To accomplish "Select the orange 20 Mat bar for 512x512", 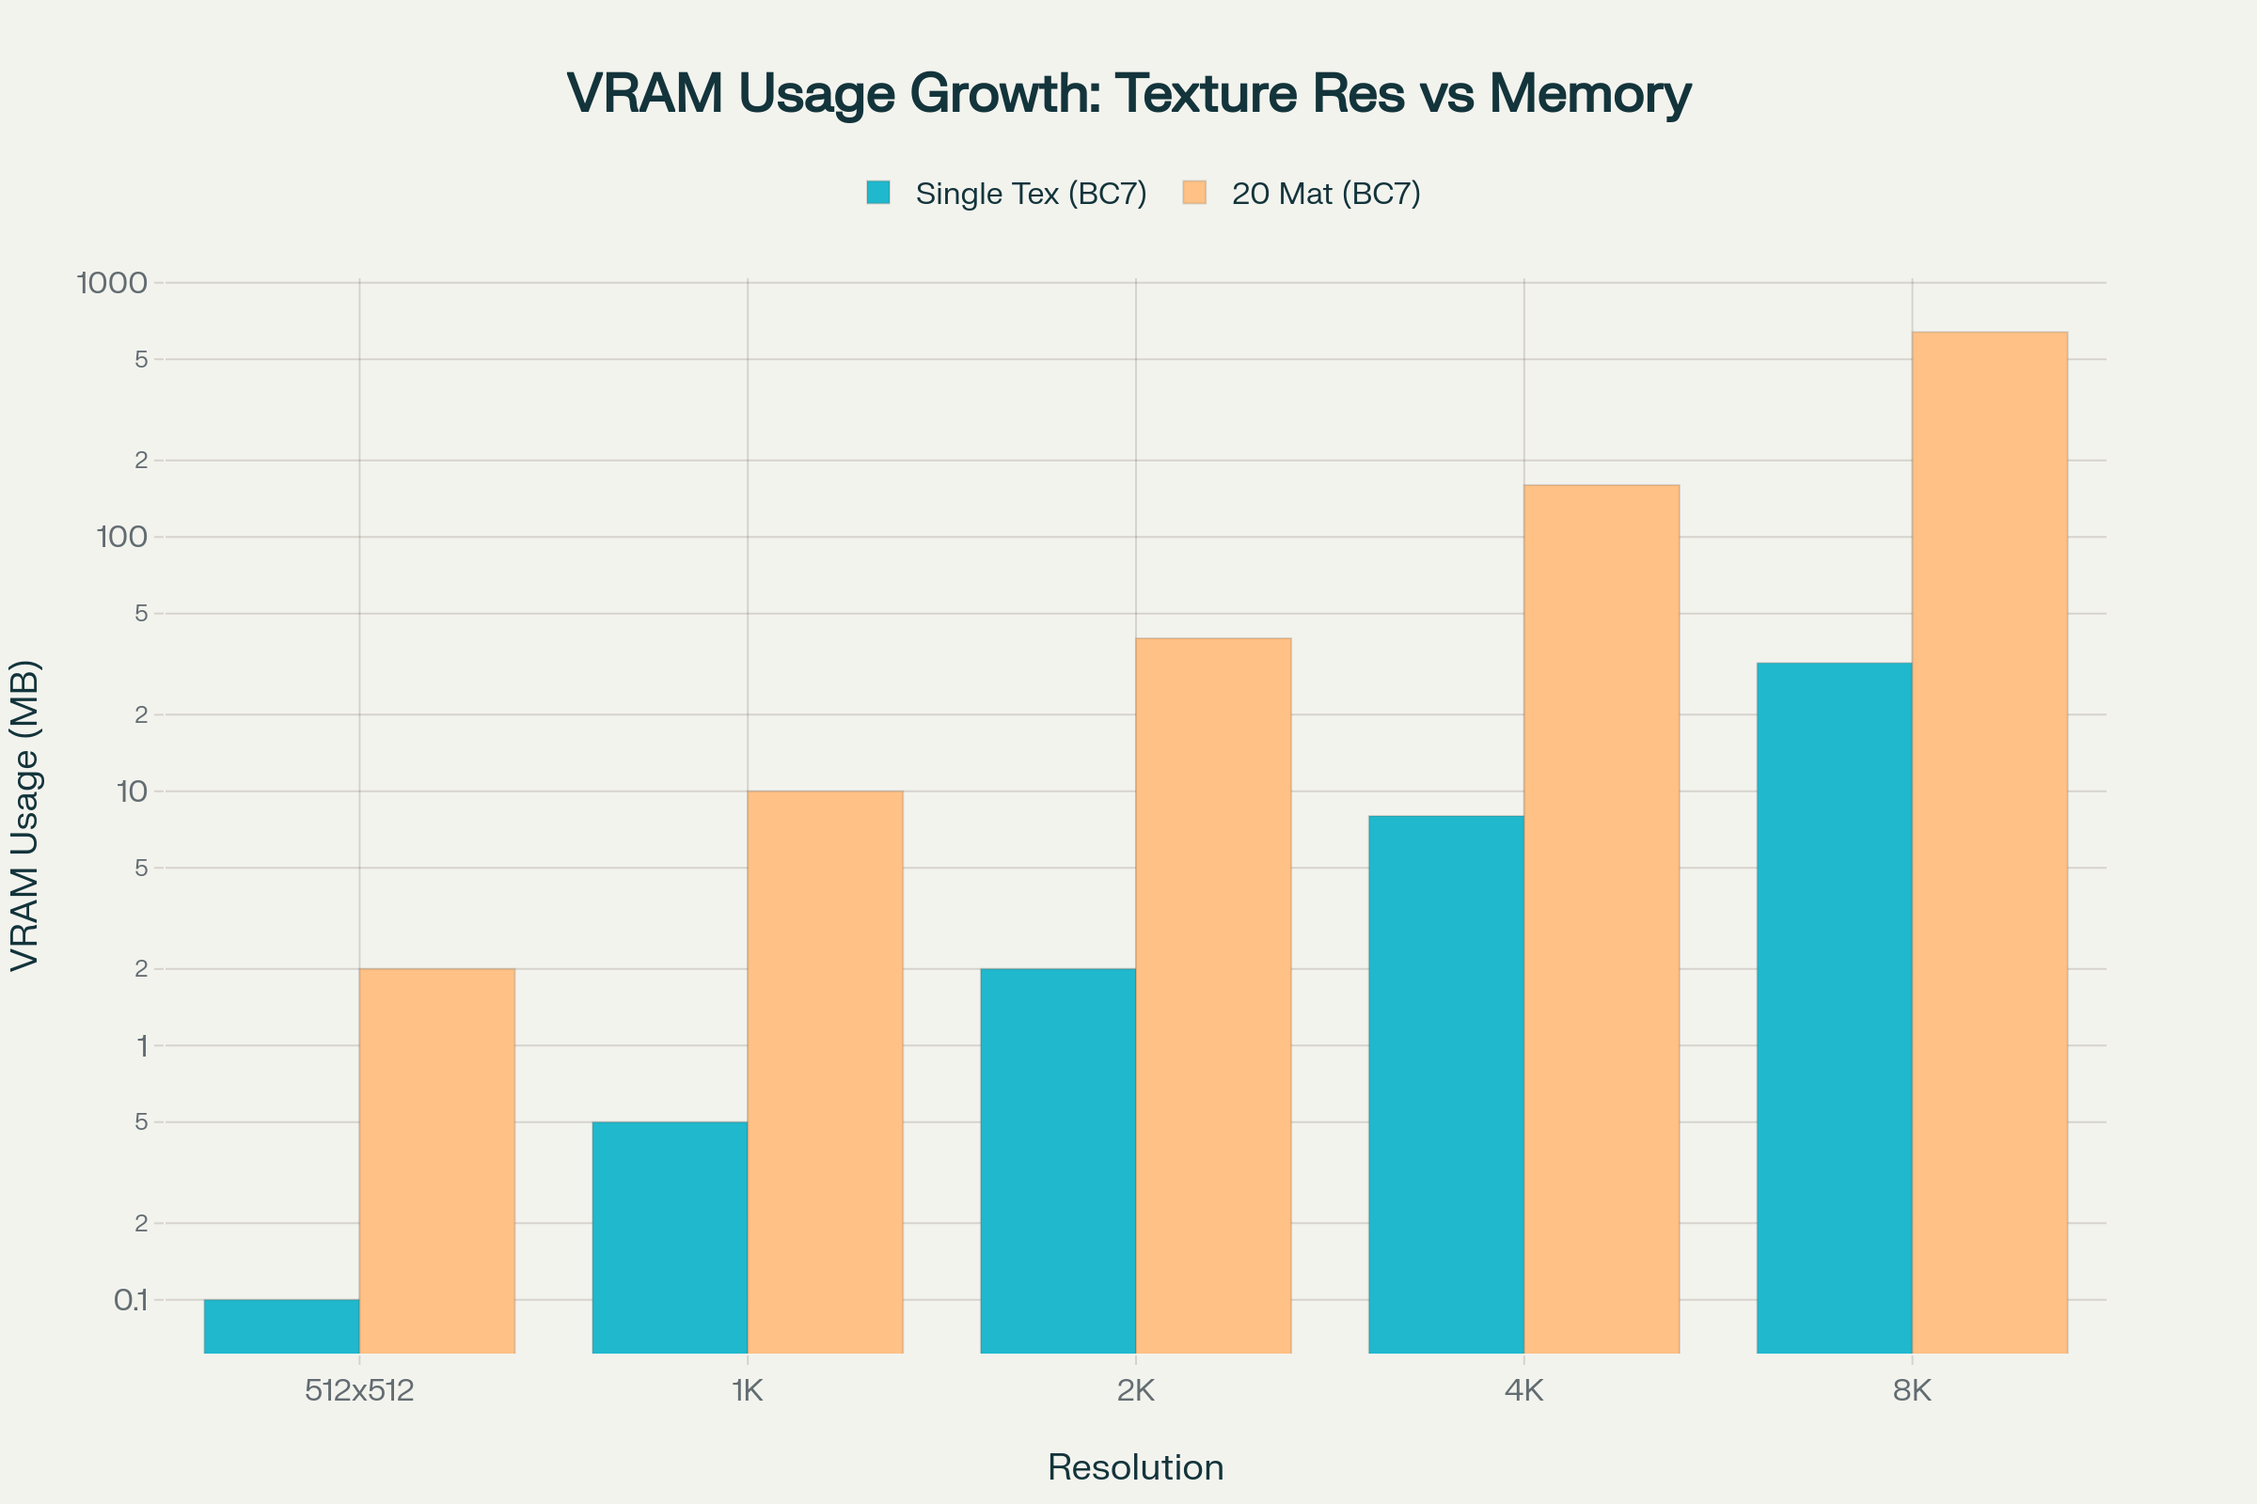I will [436, 1161].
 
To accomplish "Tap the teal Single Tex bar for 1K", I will [670, 1237].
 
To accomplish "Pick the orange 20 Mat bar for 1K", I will [826, 1072].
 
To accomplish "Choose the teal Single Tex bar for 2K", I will [1057, 1161].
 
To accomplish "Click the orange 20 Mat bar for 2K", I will [1213, 995].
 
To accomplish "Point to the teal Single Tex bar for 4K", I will [1446, 1084].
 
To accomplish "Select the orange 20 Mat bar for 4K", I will [1602, 918].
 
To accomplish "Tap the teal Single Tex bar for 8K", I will [1834, 1007].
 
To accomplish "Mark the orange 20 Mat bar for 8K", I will [1989, 841].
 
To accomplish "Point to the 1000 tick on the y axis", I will [112, 283].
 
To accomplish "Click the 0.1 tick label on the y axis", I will [131, 1301].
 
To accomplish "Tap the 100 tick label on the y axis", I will [122, 537].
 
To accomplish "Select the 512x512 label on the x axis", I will [359, 1391].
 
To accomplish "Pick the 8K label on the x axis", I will [1912, 1391].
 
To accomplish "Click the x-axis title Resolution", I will [1135, 1467].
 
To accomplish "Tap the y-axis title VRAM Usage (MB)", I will [25, 815].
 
